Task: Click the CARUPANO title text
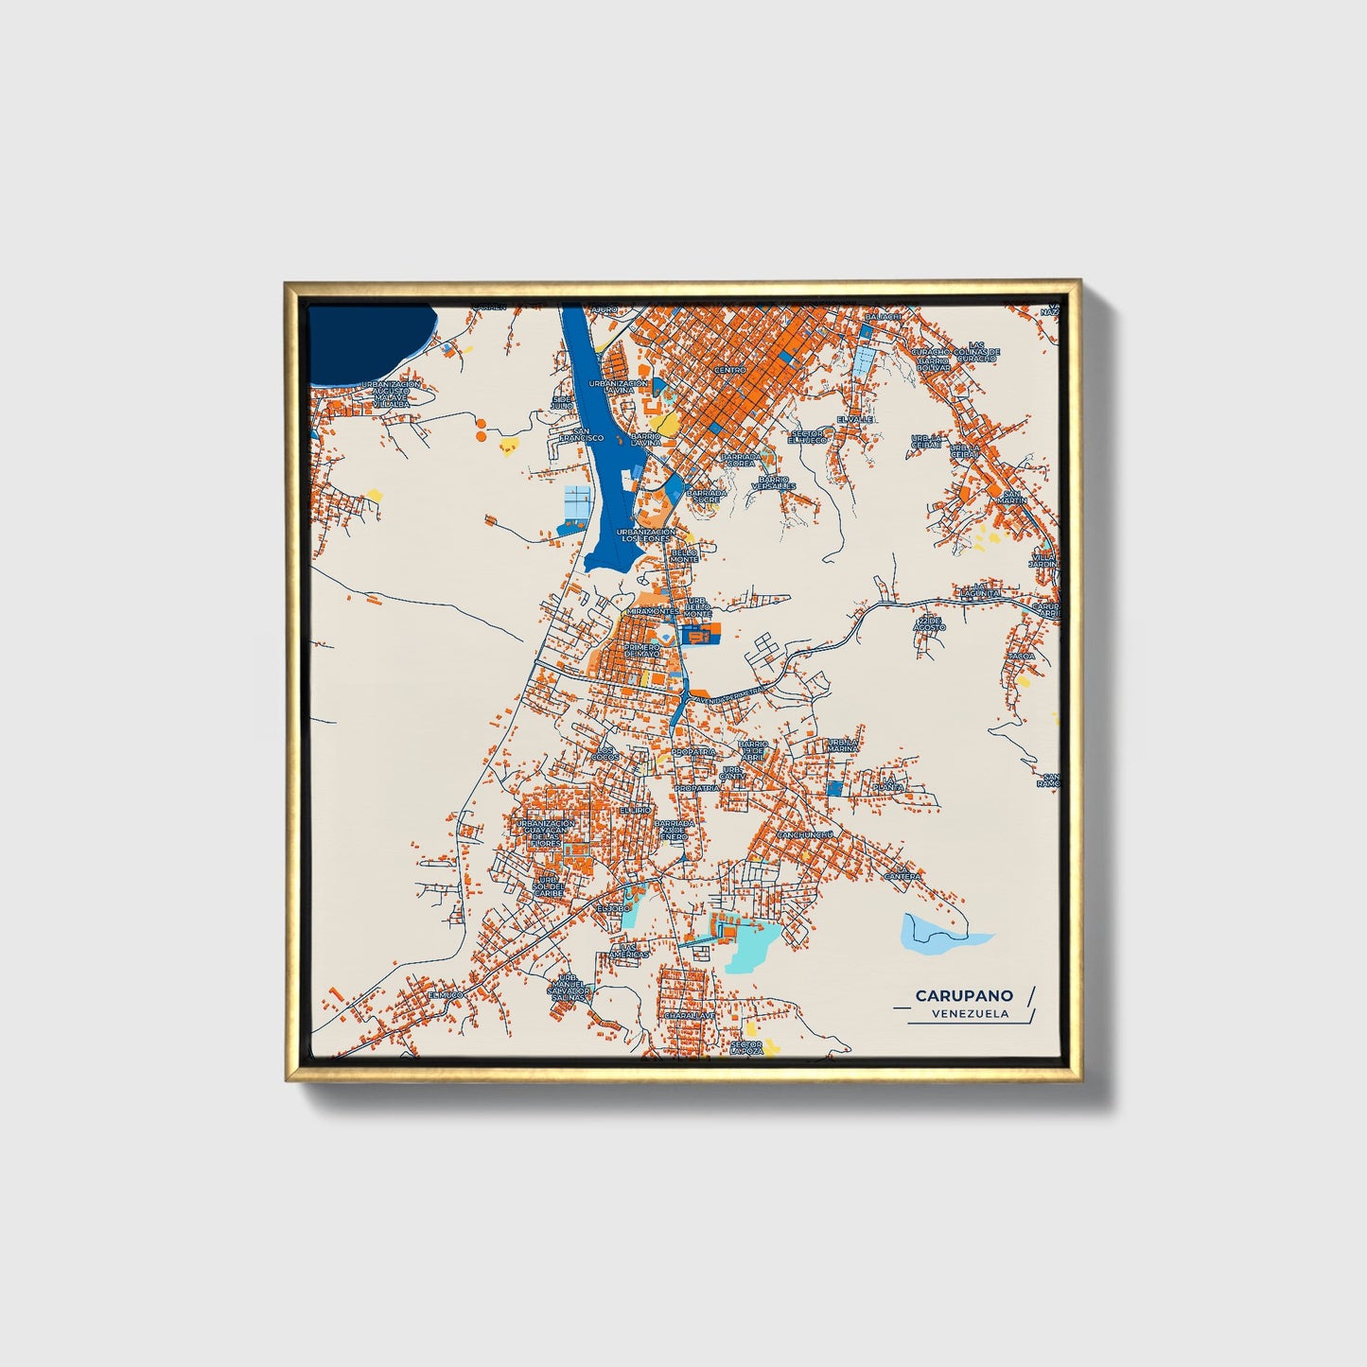click(963, 995)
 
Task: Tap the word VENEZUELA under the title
click(969, 1014)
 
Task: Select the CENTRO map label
click(729, 370)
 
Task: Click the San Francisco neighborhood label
click(581, 434)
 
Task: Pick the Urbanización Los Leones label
click(645, 535)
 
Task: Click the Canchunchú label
click(804, 834)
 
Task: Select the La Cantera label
click(902, 873)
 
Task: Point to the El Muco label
click(445, 995)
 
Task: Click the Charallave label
click(689, 1014)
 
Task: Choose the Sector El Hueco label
click(807, 437)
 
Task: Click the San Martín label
click(1012, 498)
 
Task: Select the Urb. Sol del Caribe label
click(548, 885)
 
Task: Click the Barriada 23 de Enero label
click(674, 830)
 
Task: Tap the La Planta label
click(888, 784)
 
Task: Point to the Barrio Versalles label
click(773, 483)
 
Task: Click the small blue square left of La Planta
click(833, 788)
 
